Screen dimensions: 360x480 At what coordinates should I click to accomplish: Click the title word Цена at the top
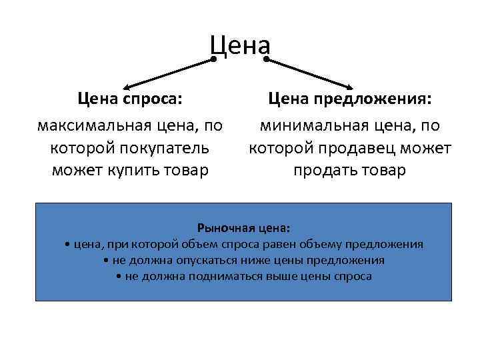pyautogui.click(x=240, y=45)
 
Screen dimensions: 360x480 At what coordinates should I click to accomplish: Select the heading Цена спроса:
pyautogui.click(x=130, y=99)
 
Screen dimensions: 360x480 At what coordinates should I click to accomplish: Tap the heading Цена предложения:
pyautogui.click(x=350, y=99)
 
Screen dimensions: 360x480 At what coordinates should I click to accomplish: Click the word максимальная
pyautogui.click(x=95, y=125)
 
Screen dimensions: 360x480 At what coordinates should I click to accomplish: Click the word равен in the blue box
pyautogui.click(x=284, y=245)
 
